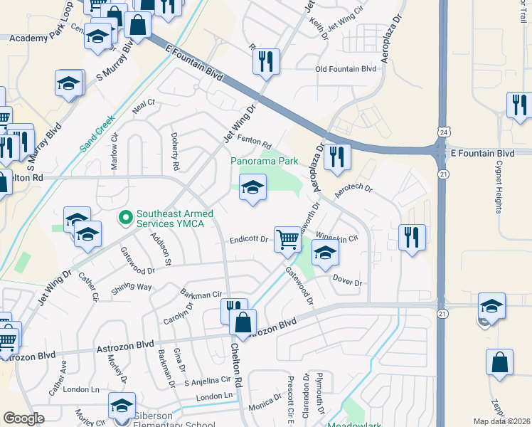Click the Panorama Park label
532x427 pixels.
coord(264,161)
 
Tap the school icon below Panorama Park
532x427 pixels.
coord(252,188)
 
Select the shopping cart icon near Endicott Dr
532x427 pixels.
coord(287,239)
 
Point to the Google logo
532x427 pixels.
coord(23,418)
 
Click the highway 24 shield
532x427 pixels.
coord(443,132)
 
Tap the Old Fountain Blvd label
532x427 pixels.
coord(346,69)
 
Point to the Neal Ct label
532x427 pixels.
coord(143,107)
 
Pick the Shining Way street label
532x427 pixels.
coord(132,288)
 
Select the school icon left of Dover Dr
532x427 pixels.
coord(324,253)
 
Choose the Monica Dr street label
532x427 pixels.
coord(265,404)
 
